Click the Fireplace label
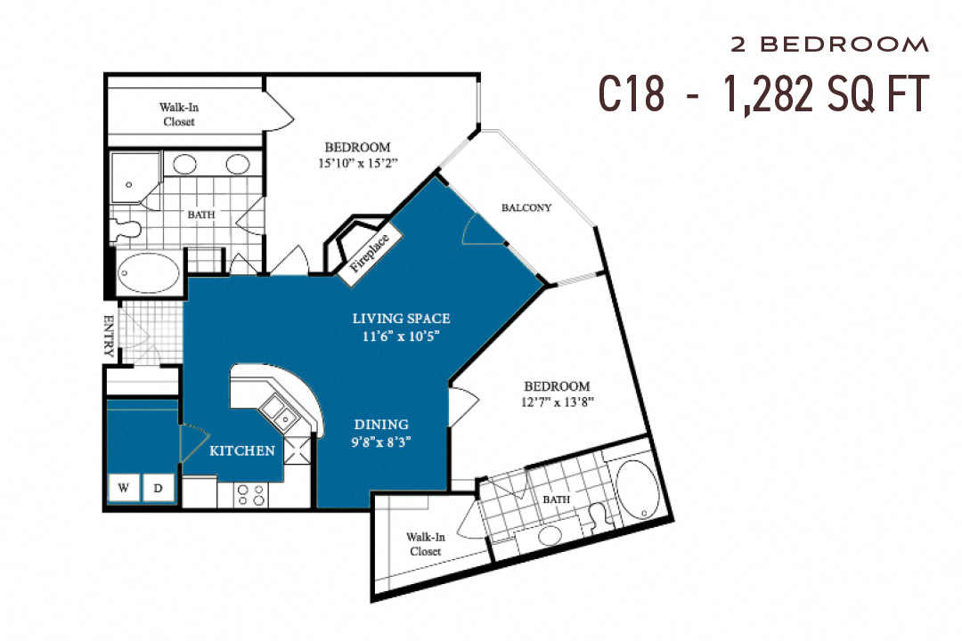pyautogui.click(x=370, y=252)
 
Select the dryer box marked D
pyautogui.click(x=159, y=487)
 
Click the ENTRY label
pyautogui.click(x=110, y=336)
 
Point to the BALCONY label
pyautogui.click(x=526, y=207)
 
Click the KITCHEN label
pyautogui.click(x=242, y=450)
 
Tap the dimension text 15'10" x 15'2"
pyautogui.click(x=356, y=163)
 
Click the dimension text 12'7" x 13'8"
pyautogui.click(x=557, y=402)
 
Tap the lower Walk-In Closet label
pyautogui.click(x=425, y=544)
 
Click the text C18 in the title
pyautogui.click(x=631, y=94)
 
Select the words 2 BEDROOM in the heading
pyautogui.click(x=829, y=45)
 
